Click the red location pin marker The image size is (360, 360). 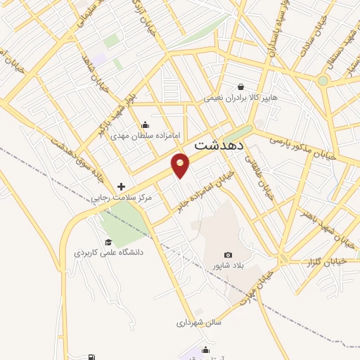[181, 165]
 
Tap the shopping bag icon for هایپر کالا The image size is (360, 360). [241, 87]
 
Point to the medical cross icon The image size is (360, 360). [122, 187]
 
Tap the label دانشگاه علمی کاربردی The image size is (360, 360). [109, 251]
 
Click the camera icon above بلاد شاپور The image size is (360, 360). [228, 255]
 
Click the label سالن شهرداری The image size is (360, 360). [199, 323]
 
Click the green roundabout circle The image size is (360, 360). [323, 81]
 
